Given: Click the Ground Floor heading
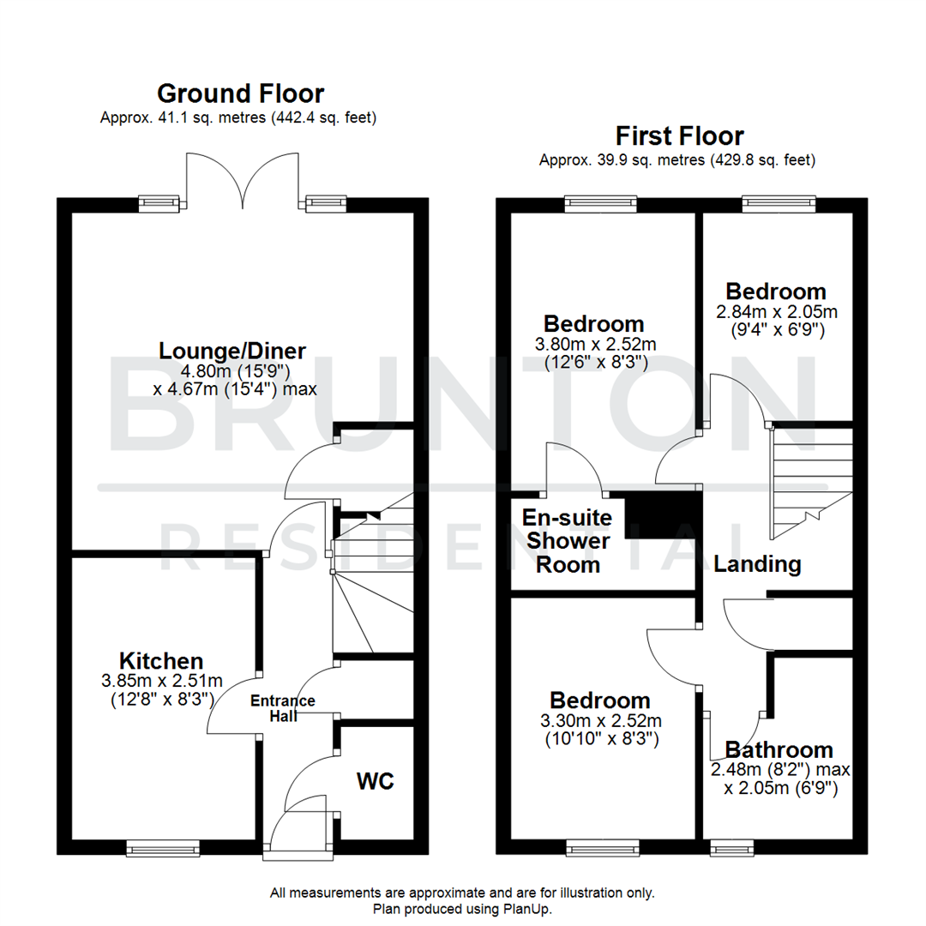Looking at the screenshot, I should click(x=240, y=93).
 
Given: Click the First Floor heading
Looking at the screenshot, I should click(x=680, y=135).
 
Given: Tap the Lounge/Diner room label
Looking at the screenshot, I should click(x=232, y=351).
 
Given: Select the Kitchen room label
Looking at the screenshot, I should click(x=161, y=661).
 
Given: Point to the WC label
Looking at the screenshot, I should click(x=376, y=782).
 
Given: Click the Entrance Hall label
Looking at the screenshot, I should click(x=282, y=707).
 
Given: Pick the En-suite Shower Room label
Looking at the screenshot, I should click(x=568, y=541).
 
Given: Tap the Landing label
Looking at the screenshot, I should click(x=757, y=564).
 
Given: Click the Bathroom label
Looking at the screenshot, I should click(x=778, y=749).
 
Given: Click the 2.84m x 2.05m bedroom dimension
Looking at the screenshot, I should click(x=776, y=310).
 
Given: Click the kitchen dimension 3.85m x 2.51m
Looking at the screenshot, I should click(x=161, y=681).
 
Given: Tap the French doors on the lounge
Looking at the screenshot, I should click(x=243, y=180).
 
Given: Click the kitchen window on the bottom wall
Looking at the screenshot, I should click(x=161, y=848).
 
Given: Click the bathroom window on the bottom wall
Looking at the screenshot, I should click(x=729, y=848).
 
